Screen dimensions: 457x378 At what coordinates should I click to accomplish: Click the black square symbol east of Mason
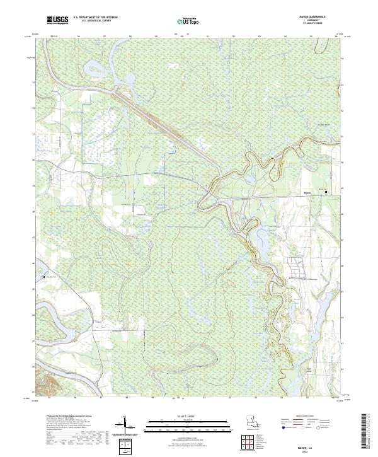click(x=326, y=192)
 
